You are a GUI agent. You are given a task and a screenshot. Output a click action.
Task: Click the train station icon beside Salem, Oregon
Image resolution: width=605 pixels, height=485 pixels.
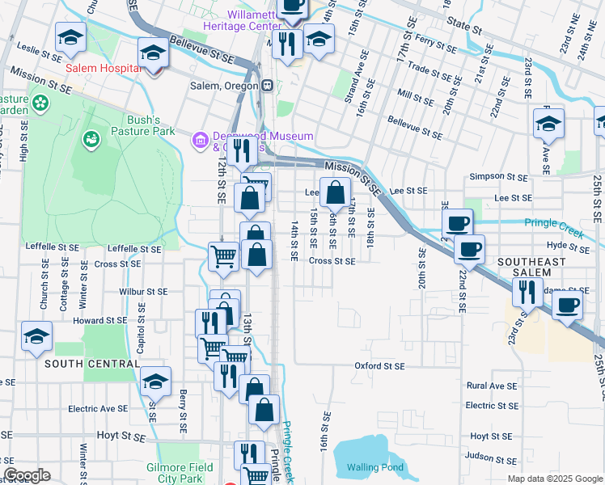(267, 86)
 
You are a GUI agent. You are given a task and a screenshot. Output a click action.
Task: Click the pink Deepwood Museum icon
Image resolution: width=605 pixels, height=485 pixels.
(199, 141)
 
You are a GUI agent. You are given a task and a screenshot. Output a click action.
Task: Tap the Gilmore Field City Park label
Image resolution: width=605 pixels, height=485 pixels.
(180, 473)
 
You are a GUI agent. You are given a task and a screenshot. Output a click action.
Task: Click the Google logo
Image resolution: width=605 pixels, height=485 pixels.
(27, 475)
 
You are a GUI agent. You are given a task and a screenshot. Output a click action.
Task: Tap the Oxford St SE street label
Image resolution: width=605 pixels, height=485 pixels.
(379, 366)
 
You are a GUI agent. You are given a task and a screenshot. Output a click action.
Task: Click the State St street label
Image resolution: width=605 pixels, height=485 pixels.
(464, 30)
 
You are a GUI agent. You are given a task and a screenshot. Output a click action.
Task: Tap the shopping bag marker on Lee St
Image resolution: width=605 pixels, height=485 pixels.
(333, 193)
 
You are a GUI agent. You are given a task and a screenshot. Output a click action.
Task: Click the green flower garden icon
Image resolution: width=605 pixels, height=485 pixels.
(40, 104)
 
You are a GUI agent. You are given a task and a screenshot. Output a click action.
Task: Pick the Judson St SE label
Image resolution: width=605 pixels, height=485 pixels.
(493, 459)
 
